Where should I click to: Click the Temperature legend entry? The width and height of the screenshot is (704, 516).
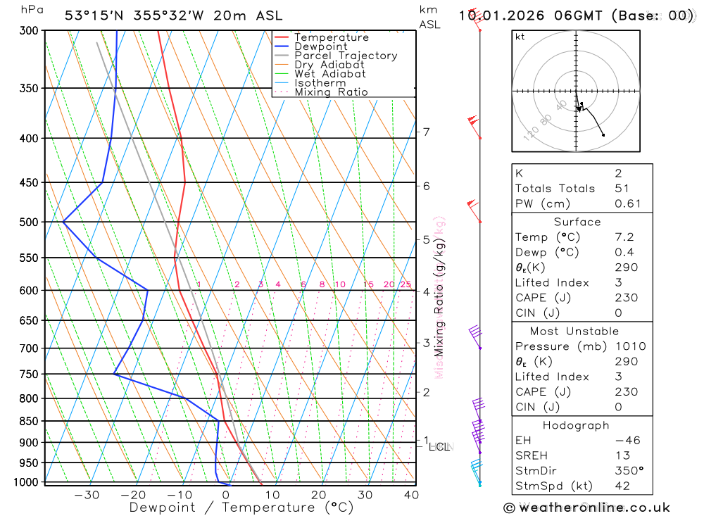click(x=331, y=37)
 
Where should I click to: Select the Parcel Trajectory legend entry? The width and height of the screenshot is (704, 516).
click(x=346, y=56)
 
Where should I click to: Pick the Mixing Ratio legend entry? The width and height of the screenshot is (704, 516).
click(x=331, y=92)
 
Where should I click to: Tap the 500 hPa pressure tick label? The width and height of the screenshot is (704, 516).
click(x=29, y=222)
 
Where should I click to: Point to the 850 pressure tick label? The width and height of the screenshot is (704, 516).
click(x=29, y=421)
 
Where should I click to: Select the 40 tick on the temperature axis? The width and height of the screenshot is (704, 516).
click(x=411, y=494)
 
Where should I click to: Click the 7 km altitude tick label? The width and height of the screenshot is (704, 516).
click(x=426, y=132)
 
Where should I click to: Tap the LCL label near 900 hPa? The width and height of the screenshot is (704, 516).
click(x=439, y=446)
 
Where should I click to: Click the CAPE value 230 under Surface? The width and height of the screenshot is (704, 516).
click(x=626, y=298)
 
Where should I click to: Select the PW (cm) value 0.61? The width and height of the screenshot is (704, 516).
click(x=628, y=203)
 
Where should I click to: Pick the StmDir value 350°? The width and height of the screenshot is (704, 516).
click(x=629, y=471)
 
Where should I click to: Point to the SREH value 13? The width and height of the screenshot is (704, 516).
click(x=621, y=455)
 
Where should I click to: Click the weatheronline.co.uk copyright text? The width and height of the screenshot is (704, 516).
click(x=587, y=507)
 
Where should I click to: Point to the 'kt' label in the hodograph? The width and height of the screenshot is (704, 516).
click(x=520, y=37)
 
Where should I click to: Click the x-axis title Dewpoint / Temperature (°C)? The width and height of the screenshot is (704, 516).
click(x=241, y=507)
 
